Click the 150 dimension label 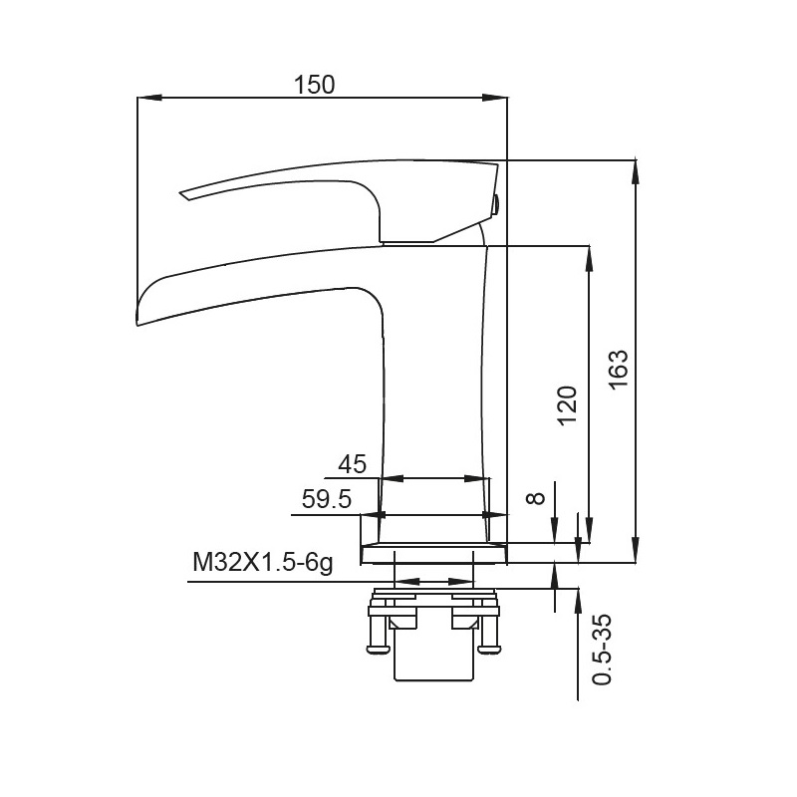315,85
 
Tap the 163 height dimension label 619,370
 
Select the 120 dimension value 568,406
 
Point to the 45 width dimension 353,464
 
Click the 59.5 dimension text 327,499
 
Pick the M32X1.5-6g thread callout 263,563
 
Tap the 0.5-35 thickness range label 603,651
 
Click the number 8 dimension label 536,498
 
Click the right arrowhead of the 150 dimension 494,97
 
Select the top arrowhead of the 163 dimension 635,172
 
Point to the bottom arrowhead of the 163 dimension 635,551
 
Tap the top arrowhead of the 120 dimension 589,259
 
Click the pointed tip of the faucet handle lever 180,193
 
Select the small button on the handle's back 496,205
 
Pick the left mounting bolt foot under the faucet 377,649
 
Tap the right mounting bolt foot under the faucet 489,649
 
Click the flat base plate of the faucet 433,553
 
